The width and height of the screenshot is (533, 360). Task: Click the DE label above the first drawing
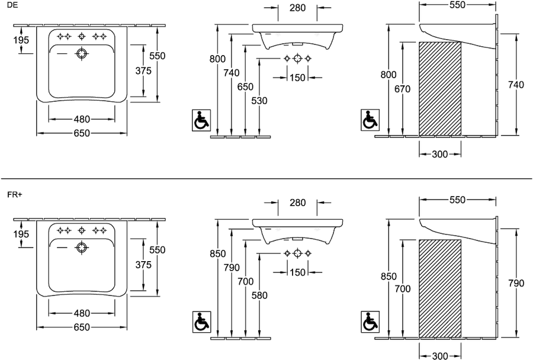pyautogui.click(x=12, y=5)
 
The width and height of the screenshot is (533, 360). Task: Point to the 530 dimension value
pyautogui.click(x=259, y=101)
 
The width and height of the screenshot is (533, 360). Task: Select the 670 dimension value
pyautogui.click(x=403, y=89)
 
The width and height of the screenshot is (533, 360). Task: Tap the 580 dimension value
pyautogui.click(x=259, y=295)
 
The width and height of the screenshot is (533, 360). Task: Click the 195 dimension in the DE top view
pyautogui.click(x=21, y=40)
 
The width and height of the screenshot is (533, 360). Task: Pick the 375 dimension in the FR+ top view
pyautogui.click(x=143, y=265)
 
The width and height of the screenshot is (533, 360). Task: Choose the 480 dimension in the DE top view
pyautogui.click(x=82, y=120)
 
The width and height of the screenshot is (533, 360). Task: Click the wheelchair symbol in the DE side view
pyautogui.click(x=370, y=120)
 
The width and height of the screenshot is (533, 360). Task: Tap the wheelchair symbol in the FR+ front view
pyautogui.click(x=201, y=322)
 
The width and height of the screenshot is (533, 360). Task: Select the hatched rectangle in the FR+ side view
pyautogui.click(x=440, y=289)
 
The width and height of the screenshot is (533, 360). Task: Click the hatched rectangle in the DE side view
pyautogui.click(x=440, y=89)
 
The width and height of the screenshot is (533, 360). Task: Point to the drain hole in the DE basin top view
pyautogui.click(x=82, y=54)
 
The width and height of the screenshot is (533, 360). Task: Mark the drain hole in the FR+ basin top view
pyautogui.click(x=82, y=248)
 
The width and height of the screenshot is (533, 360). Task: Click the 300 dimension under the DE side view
pyautogui.click(x=440, y=155)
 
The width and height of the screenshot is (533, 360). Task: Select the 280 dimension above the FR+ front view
pyautogui.click(x=298, y=202)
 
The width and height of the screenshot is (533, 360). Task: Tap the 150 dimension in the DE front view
pyautogui.click(x=297, y=78)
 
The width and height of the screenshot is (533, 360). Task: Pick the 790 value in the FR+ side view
pyautogui.click(x=516, y=283)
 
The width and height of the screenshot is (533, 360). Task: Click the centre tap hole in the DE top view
pyautogui.click(x=82, y=36)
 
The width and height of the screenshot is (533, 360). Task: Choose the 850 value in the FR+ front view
pyautogui.click(x=217, y=254)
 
